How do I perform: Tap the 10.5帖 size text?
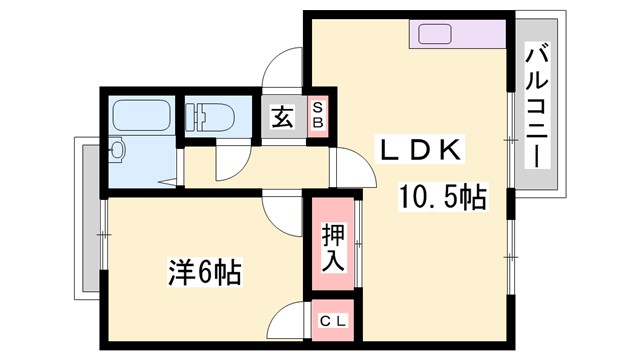point(443,197)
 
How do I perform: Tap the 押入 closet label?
point(332,247)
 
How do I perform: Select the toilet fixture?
point(208,115)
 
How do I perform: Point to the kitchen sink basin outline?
point(436,34)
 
